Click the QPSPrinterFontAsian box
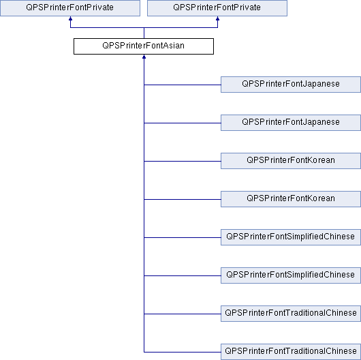pos(144,46)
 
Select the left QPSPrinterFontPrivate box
pos(70,8)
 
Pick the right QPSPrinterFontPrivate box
pos(217,8)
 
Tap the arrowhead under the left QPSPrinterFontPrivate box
pos(70,18)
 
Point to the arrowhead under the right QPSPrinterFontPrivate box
pos(217,18)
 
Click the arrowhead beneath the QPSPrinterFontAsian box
pos(144,57)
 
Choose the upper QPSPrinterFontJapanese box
pos(291,85)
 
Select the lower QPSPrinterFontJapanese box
pos(291,123)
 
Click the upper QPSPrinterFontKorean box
pos(291,161)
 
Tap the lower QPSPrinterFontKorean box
pos(291,199)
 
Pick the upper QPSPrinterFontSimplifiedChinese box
pos(291,237)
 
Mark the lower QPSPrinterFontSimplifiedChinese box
pos(291,275)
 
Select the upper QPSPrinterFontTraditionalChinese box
pos(291,314)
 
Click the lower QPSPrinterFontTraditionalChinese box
pos(291,352)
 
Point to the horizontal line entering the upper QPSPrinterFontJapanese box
pos(183,85)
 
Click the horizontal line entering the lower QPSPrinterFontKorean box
pos(183,199)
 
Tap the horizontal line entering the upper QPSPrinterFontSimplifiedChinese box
pos(183,238)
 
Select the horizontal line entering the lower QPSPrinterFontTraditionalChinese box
pos(183,352)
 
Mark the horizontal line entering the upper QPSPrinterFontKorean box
pos(183,161)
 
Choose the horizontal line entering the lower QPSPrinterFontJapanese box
pos(183,123)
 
